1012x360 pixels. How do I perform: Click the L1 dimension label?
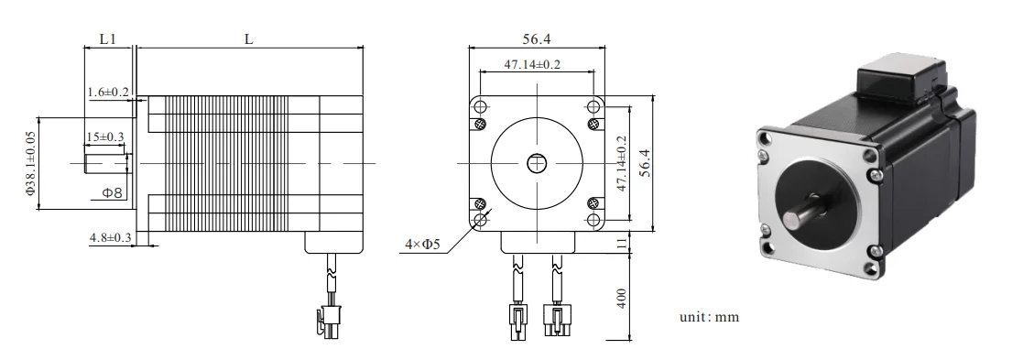click(107, 39)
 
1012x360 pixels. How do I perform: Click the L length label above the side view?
click(248, 39)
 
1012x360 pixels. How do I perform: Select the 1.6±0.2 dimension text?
click(108, 93)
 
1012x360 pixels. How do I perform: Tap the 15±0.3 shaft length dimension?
click(105, 136)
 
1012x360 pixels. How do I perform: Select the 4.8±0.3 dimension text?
click(110, 238)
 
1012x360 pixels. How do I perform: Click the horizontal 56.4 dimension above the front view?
click(537, 39)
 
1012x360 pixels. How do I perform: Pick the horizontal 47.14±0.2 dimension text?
click(532, 64)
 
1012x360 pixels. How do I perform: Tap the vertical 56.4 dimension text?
click(644, 163)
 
